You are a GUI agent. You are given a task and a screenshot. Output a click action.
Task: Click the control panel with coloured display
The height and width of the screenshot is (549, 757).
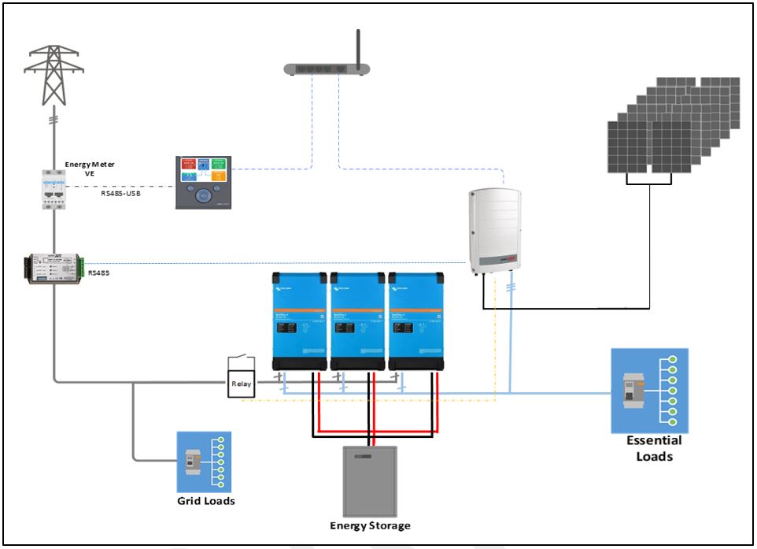pyautogui.click(x=203, y=182)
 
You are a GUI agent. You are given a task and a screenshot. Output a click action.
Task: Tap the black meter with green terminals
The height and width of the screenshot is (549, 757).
pyautogui.click(x=54, y=269)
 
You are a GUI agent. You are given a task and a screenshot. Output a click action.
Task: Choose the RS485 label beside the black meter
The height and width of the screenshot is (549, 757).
pyautogui.click(x=99, y=273)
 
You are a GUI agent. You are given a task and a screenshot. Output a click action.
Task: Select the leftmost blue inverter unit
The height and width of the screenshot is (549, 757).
pyautogui.click(x=299, y=321)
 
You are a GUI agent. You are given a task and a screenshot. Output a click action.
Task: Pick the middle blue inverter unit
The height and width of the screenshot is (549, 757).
pyautogui.click(x=357, y=321)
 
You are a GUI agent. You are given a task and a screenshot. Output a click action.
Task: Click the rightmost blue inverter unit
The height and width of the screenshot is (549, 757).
pyautogui.click(x=416, y=321)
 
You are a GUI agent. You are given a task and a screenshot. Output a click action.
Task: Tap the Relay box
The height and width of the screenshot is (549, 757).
pyautogui.click(x=242, y=384)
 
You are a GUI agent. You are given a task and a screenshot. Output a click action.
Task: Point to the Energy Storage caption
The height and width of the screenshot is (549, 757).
pyautogui.click(x=370, y=525)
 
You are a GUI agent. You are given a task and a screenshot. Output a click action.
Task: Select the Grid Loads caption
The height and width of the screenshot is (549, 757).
pyautogui.click(x=205, y=500)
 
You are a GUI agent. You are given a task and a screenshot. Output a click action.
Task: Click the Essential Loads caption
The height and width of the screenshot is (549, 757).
pyautogui.click(x=653, y=448)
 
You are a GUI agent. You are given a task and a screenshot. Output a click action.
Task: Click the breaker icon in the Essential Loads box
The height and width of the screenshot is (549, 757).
pyautogui.click(x=633, y=389)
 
